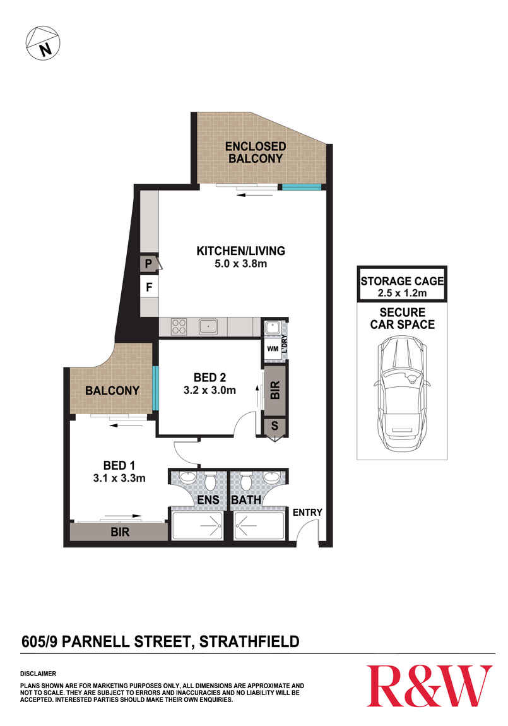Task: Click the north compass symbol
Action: [42, 43]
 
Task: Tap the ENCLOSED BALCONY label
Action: [256, 152]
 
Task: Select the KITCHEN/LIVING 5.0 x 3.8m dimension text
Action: [241, 264]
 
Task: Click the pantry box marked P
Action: [148, 264]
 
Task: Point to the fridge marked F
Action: [149, 287]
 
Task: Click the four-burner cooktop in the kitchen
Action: [179, 326]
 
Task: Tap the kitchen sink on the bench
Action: [208, 326]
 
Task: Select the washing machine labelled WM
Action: [273, 349]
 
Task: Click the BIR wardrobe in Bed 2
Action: [275, 390]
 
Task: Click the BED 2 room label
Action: [210, 378]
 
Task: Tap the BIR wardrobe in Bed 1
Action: [119, 532]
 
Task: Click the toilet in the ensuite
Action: [211, 480]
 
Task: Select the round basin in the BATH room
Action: [271, 477]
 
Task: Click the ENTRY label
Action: [307, 512]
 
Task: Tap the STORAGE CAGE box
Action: [402, 283]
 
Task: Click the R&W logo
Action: [429, 686]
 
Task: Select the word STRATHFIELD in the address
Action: [249, 642]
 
